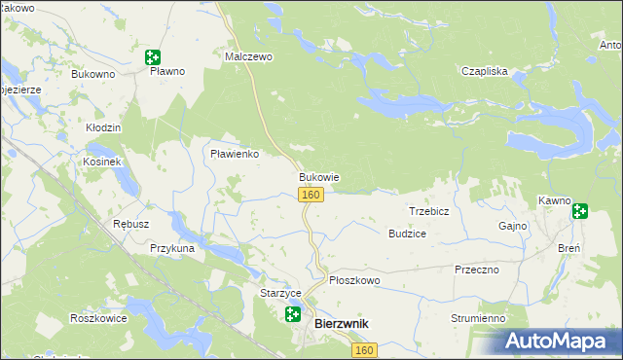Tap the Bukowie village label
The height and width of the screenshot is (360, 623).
318,178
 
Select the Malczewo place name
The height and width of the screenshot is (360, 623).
249,57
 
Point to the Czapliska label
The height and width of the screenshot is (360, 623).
485,71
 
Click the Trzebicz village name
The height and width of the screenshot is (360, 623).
427,211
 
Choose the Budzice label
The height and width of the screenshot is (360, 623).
407,234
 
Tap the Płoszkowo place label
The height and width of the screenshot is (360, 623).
354,280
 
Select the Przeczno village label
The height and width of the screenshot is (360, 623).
476,270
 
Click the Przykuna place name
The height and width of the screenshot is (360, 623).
172,248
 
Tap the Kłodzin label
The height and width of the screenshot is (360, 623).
102,127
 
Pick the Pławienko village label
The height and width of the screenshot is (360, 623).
234,154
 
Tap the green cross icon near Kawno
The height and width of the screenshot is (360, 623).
580,210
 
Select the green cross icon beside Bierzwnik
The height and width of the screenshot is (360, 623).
292,313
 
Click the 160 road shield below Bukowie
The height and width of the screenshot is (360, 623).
310,196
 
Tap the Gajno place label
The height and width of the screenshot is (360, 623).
512,226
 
